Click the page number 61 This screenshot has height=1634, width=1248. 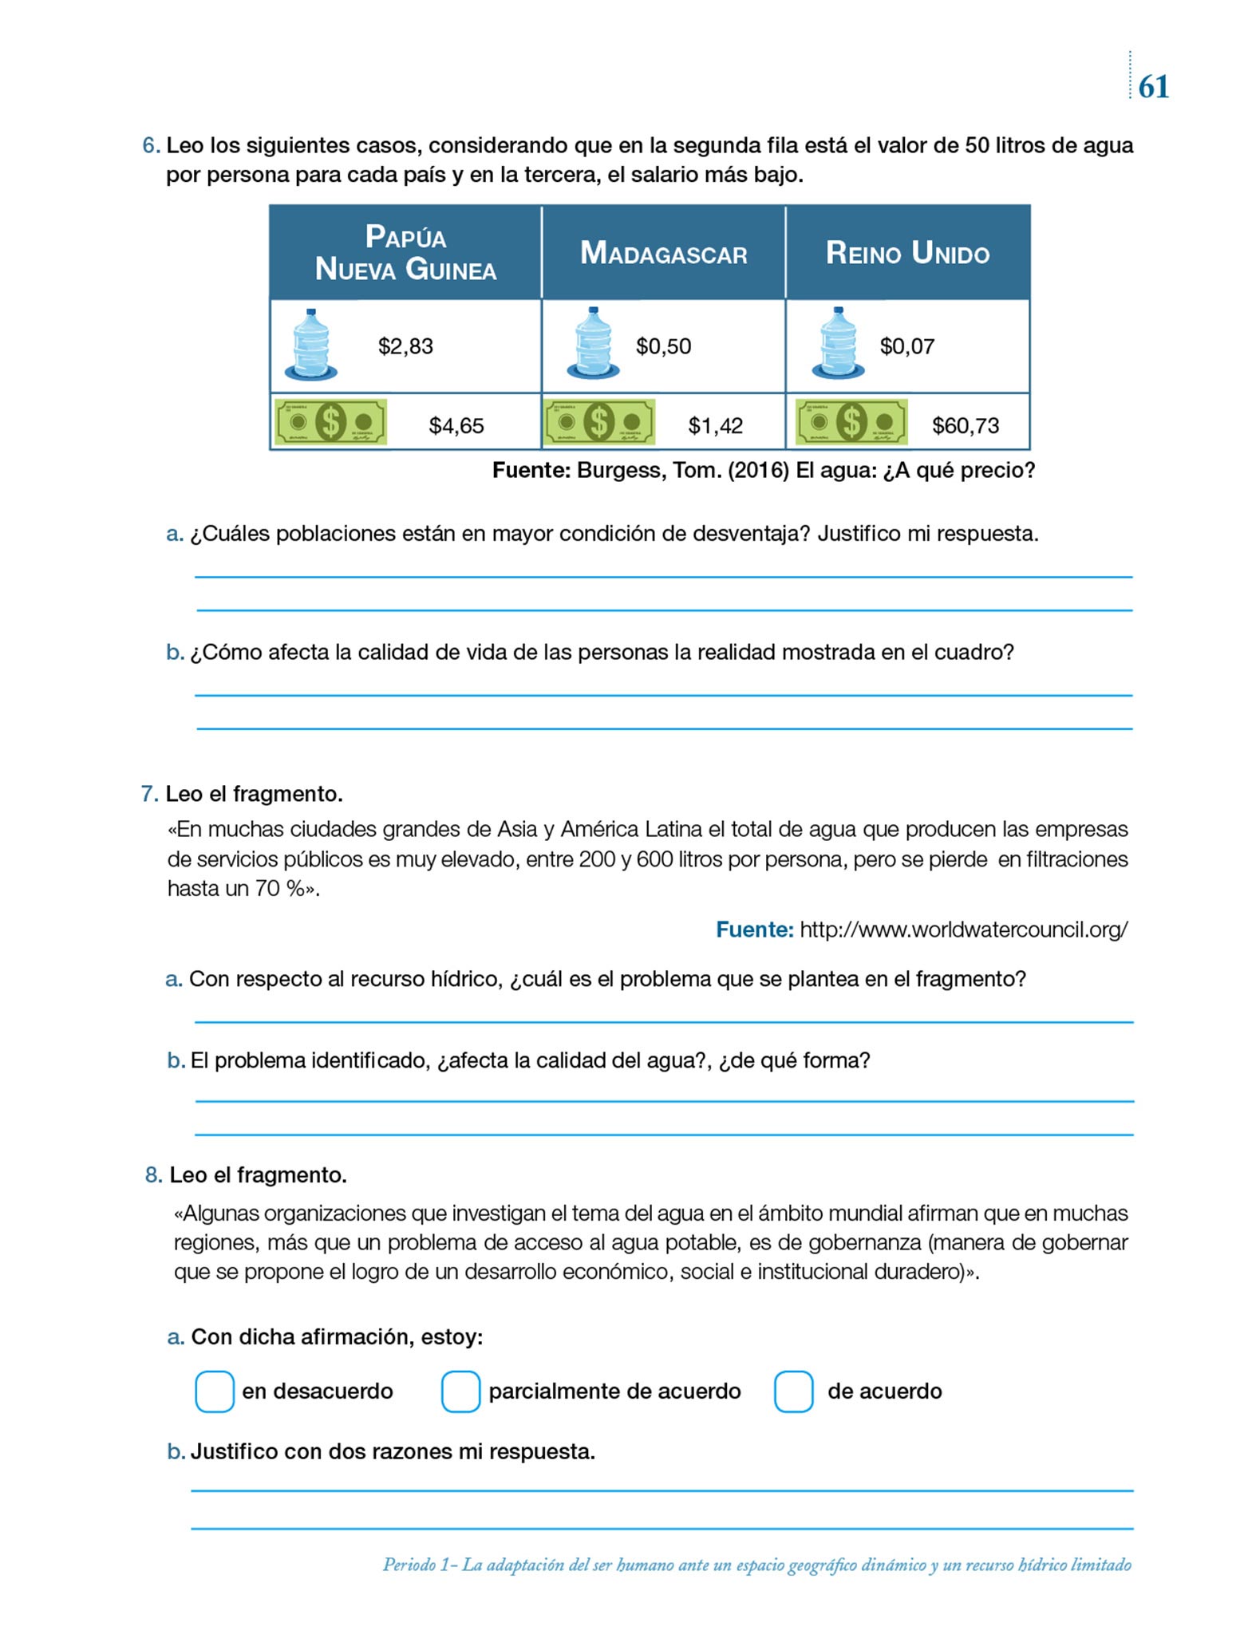tap(1153, 87)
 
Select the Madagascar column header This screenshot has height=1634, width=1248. tap(663, 254)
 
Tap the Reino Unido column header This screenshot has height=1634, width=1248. tap(907, 254)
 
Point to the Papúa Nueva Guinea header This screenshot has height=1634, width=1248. tap(405, 253)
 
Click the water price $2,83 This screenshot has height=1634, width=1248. tap(405, 346)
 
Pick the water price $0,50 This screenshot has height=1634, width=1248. tap(663, 346)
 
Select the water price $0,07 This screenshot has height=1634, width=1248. tap(906, 346)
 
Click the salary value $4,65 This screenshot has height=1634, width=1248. tap(456, 425)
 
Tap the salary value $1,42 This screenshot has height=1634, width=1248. tap(715, 425)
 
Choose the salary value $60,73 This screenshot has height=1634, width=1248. tap(966, 425)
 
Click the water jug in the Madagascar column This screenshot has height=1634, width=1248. tap(593, 344)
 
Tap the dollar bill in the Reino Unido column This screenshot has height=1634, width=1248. tap(851, 422)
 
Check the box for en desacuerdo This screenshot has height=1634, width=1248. tap(215, 1391)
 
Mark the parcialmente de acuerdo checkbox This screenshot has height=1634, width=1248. tap(460, 1391)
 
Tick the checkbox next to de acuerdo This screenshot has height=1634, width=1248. tap(793, 1391)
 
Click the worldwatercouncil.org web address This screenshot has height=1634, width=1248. tap(963, 929)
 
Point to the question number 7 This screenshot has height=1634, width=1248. tap(148, 794)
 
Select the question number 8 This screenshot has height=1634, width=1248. tap(153, 1174)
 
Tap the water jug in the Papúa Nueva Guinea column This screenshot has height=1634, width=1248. tap(310, 344)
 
